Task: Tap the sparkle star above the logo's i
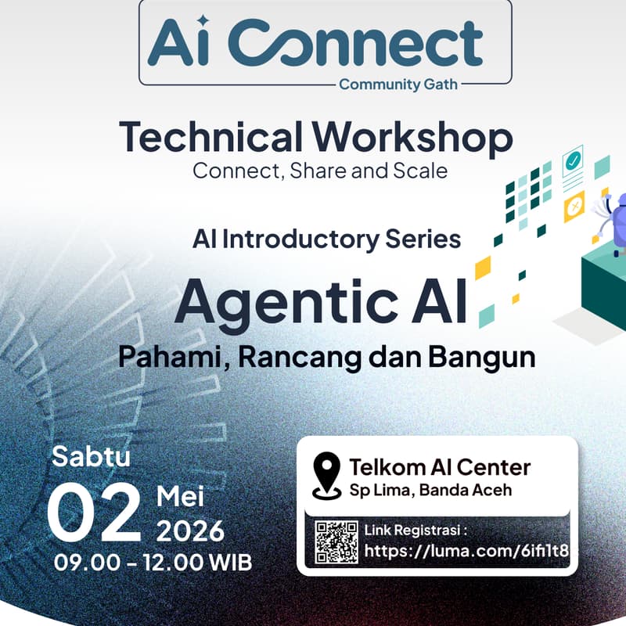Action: click(203, 21)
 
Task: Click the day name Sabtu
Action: click(91, 456)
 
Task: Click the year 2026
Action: click(190, 531)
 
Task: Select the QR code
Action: click(336, 541)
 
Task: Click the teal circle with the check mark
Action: click(573, 161)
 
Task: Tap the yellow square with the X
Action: click(574, 206)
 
